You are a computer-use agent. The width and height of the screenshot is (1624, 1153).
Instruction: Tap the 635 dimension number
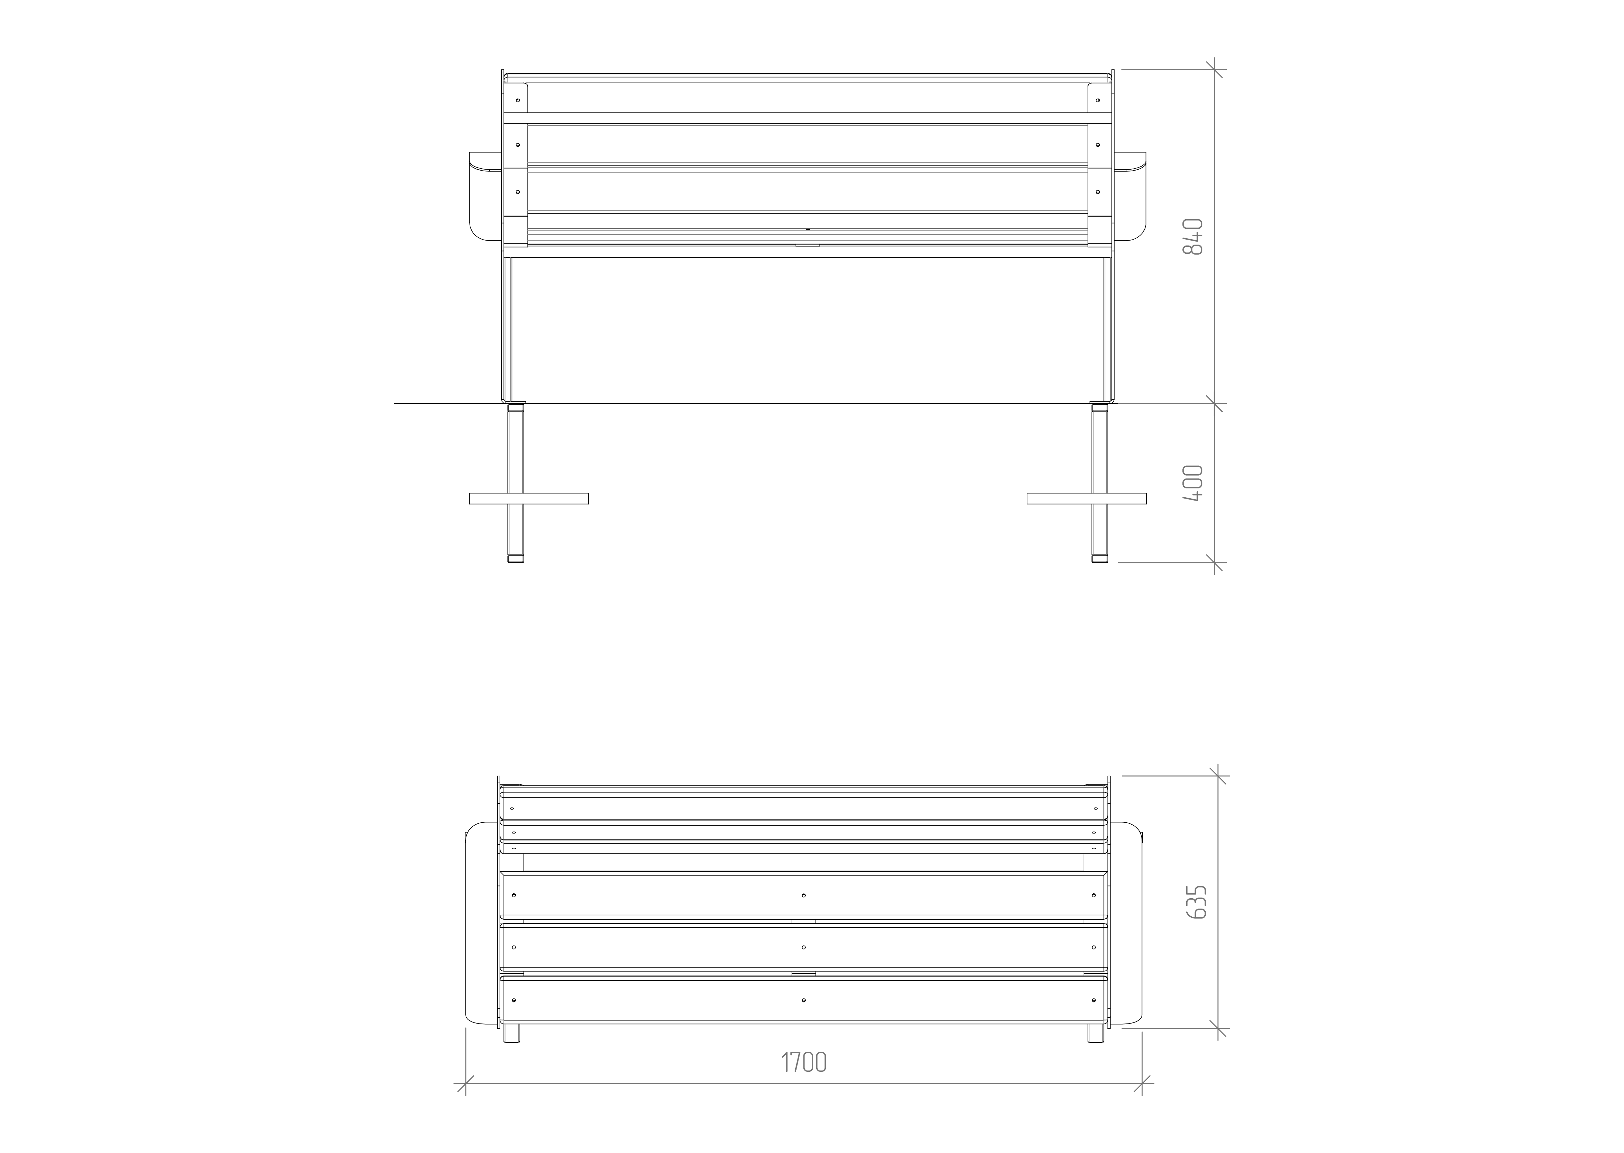pos(1196,902)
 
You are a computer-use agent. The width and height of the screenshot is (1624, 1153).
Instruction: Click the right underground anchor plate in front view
pos(1086,498)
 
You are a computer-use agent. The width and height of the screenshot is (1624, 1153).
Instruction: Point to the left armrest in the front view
pos(486,197)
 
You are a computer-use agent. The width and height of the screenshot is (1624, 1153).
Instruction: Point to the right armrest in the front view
pos(1130,197)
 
